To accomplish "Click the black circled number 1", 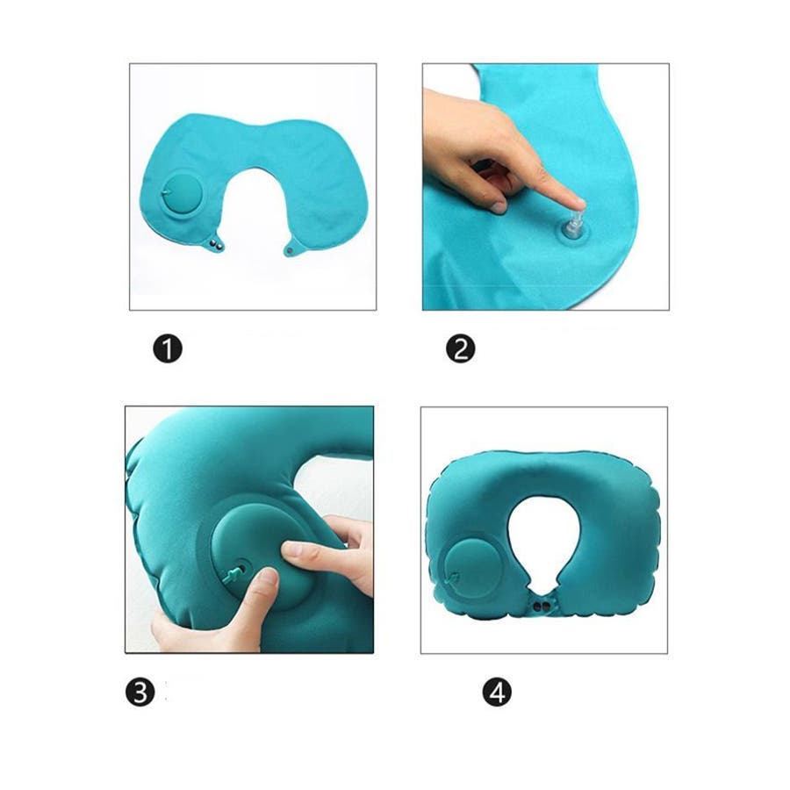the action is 168,348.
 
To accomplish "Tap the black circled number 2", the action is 461,348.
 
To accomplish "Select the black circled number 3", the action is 140,692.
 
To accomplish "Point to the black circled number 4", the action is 497,692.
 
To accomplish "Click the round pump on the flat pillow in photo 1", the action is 183,193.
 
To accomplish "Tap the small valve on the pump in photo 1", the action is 168,191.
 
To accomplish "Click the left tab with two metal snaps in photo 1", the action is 217,243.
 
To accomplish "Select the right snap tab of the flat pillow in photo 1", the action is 292,248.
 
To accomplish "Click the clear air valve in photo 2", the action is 572,226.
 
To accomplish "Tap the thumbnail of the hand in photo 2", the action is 499,206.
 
